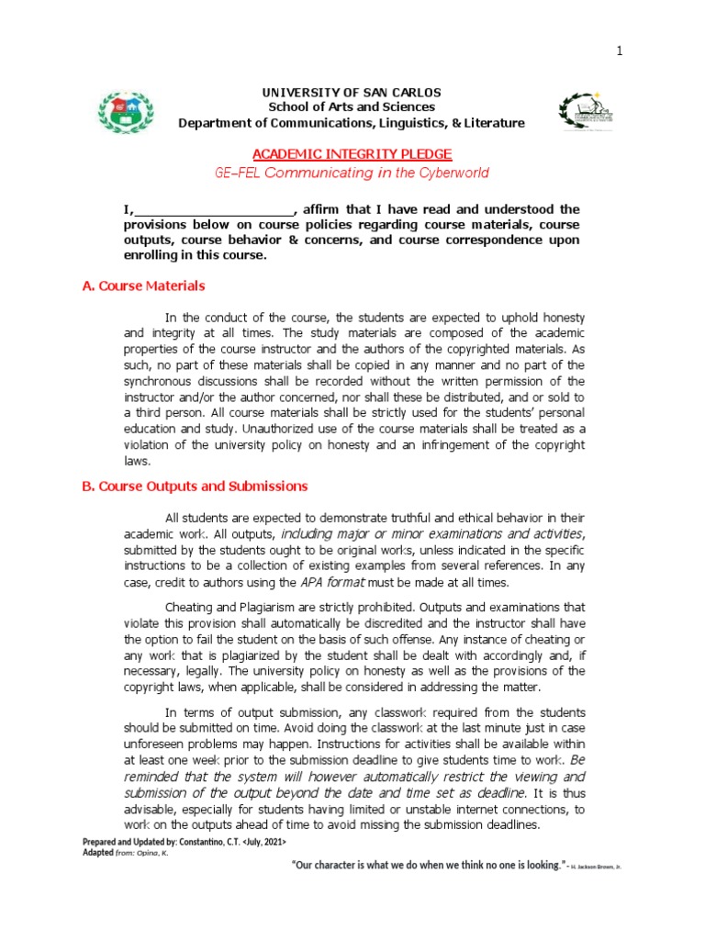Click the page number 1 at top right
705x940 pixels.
coord(619,51)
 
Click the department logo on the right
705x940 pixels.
coord(583,112)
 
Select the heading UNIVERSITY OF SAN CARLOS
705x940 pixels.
coord(352,93)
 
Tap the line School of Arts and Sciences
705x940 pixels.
coord(352,107)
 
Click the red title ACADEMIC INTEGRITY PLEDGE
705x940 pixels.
coord(352,153)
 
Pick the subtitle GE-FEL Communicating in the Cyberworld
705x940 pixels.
coord(352,173)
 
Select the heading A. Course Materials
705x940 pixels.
coord(143,286)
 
